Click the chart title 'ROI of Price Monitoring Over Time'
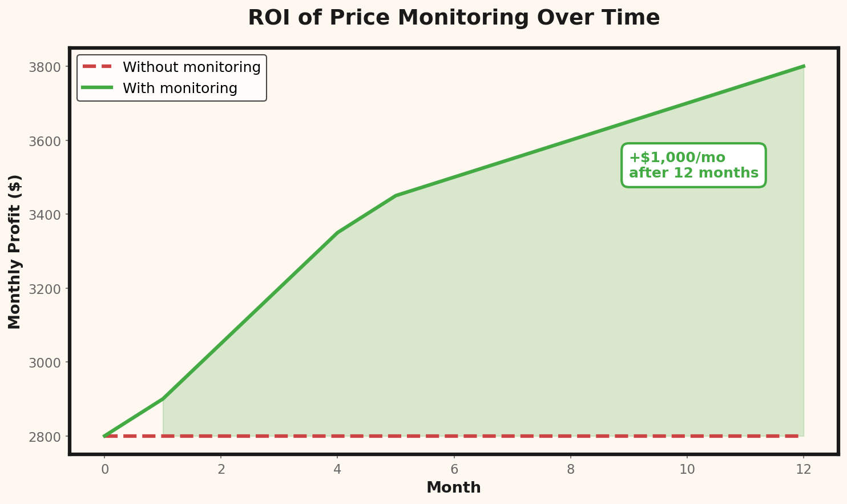coord(454,18)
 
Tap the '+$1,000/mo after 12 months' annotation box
coord(693,165)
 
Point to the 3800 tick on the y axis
coord(45,67)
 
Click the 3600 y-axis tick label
coord(45,141)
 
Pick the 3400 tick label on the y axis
coord(45,215)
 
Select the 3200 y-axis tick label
coord(45,289)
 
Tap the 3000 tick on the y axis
coord(45,362)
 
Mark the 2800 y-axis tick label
coord(45,437)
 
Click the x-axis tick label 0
coord(104,470)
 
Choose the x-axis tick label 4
coord(337,470)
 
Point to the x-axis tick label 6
coord(454,470)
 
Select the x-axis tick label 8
coord(570,470)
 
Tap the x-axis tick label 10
coord(687,470)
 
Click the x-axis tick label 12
coord(804,470)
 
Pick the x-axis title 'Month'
coord(454,488)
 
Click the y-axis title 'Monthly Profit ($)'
coord(15,252)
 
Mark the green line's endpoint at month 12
coord(804,66)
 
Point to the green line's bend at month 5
coord(396,196)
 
